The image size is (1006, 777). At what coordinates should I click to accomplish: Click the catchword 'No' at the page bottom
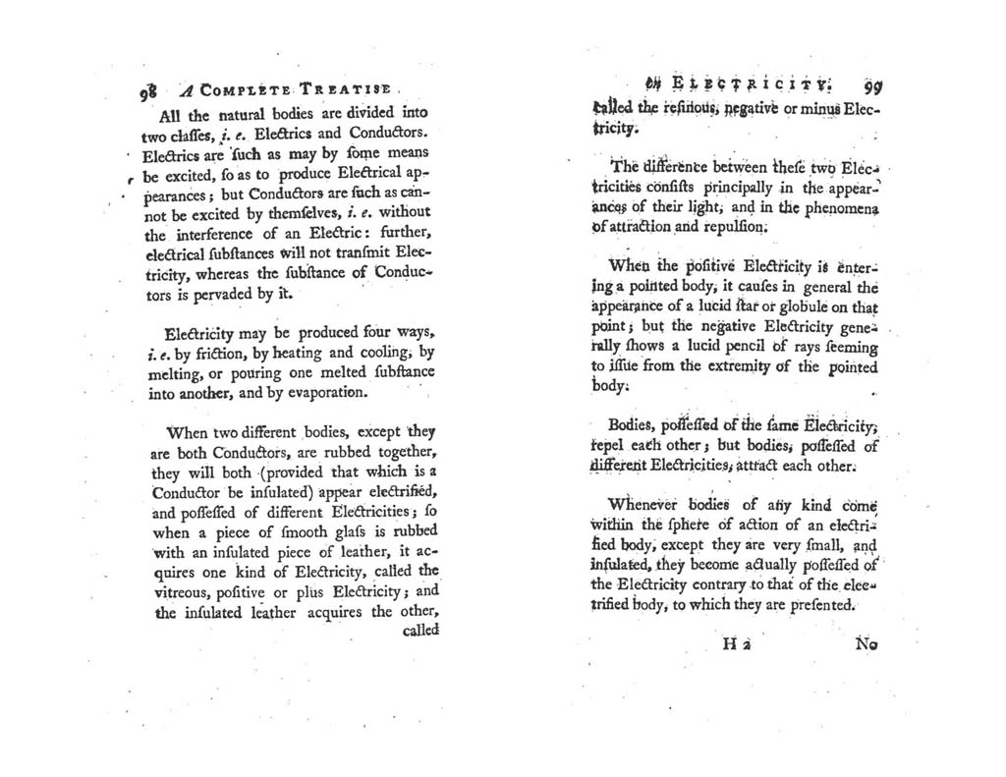pyautogui.click(x=866, y=645)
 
